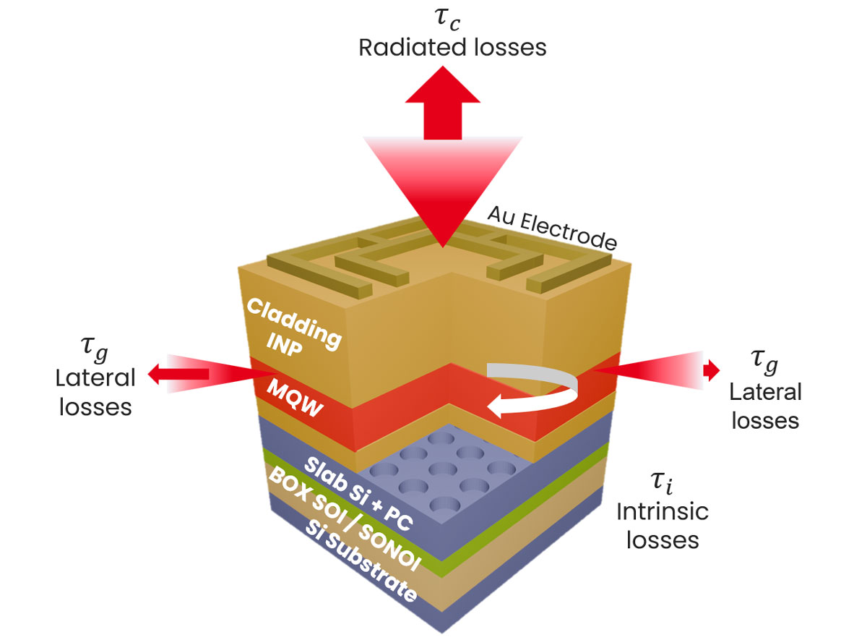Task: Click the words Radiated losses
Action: point(453,48)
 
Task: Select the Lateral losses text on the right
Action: point(764,406)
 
